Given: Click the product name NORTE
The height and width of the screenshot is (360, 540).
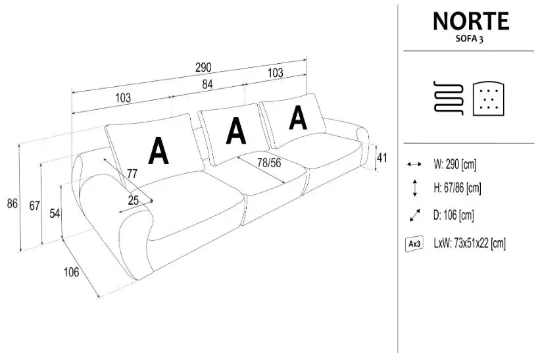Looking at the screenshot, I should pyautogui.click(x=470, y=21).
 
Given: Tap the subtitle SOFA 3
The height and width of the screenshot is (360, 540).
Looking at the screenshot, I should pyautogui.click(x=471, y=39).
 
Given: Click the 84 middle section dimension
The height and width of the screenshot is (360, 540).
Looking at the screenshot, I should pyautogui.click(x=207, y=84).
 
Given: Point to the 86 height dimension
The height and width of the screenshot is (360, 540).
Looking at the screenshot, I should pyautogui.click(x=12, y=203).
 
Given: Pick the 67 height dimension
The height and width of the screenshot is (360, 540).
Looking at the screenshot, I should pyautogui.click(x=34, y=205).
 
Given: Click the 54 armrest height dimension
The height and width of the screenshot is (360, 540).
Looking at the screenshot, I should pyautogui.click(x=55, y=213).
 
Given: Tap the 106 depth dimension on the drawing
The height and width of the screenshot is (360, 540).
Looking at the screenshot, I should pyautogui.click(x=72, y=271).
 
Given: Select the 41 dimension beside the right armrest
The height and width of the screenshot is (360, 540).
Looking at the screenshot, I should pyautogui.click(x=381, y=157).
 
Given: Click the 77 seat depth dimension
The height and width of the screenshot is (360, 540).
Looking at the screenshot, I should pyautogui.click(x=132, y=174).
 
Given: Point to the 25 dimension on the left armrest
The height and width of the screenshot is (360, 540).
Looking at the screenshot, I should pyautogui.click(x=133, y=201).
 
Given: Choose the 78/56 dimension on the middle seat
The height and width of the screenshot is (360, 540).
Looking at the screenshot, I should pyautogui.click(x=269, y=162).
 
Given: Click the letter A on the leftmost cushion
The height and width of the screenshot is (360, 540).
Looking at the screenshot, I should pyautogui.click(x=158, y=151).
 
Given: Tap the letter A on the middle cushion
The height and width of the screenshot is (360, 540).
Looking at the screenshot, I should pyautogui.click(x=235, y=130).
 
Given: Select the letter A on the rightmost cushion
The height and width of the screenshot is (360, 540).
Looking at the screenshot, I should pyautogui.click(x=298, y=117).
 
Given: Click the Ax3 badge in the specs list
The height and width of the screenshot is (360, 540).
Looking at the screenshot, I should pyautogui.click(x=414, y=244).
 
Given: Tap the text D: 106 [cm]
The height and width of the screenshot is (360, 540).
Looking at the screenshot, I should pyautogui.click(x=454, y=215).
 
